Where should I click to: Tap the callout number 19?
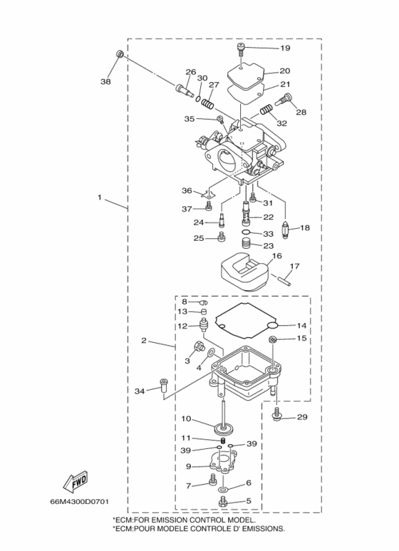[285, 48]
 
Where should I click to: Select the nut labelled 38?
[120, 53]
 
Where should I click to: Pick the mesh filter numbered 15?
[273, 339]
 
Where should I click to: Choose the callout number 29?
[302, 417]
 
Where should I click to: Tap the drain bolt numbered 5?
[222, 503]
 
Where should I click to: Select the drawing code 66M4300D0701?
[79, 501]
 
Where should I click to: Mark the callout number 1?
[100, 197]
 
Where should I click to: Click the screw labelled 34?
[164, 386]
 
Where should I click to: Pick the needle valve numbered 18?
[286, 230]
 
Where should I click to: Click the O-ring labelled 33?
[247, 232]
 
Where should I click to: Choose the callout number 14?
[301, 326]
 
